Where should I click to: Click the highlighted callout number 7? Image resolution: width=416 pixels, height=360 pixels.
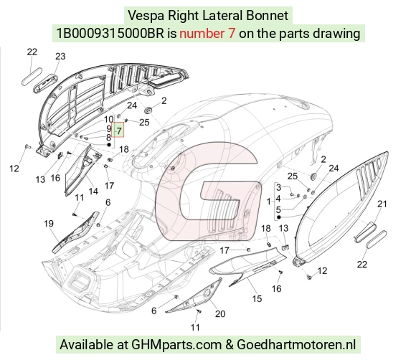(x=119, y=131)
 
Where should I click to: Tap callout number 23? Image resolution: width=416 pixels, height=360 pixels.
(x=60, y=56)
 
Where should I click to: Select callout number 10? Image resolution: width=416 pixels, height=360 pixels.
(x=109, y=119)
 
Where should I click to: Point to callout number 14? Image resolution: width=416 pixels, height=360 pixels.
(x=93, y=191)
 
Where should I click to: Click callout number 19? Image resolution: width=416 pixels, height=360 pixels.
(x=49, y=224)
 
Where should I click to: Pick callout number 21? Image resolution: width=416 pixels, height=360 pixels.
(x=382, y=204)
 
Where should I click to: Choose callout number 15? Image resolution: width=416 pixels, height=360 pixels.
(x=257, y=299)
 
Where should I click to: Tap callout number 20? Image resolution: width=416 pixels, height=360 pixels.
(x=220, y=314)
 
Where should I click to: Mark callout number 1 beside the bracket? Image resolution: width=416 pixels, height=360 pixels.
(x=269, y=202)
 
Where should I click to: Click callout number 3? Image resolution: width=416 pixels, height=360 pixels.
(x=278, y=187)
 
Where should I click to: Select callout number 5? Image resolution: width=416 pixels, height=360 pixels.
(x=278, y=210)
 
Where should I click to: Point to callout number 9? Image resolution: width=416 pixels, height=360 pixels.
(x=109, y=128)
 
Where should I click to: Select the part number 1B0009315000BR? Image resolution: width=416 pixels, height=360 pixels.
(x=110, y=34)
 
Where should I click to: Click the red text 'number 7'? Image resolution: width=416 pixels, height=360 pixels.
(x=207, y=34)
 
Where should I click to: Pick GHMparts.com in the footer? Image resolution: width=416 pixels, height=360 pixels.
(x=176, y=345)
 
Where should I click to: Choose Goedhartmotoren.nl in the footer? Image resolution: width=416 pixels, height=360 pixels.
(x=296, y=345)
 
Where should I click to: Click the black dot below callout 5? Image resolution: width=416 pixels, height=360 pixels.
(x=278, y=217)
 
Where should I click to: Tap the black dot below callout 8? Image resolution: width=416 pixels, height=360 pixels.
(x=109, y=145)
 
